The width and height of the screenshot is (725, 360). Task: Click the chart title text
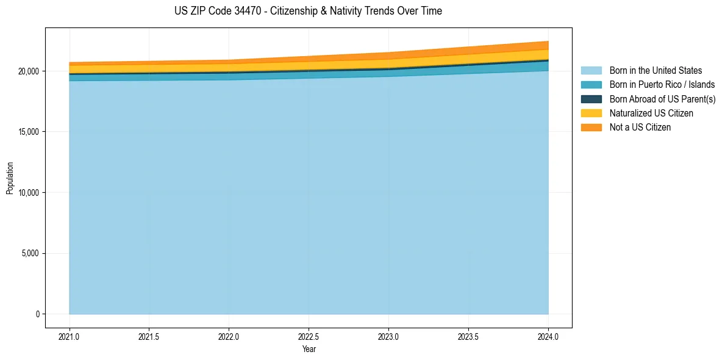pos(308,11)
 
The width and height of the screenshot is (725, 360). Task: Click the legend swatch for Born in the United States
pos(591,71)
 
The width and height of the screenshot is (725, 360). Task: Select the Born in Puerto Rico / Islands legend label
pos(662,85)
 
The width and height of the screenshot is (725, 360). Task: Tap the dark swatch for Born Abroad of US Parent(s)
pos(591,99)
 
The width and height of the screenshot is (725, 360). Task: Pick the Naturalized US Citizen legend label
pos(651,113)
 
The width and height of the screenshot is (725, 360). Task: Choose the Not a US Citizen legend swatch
pos(591,127)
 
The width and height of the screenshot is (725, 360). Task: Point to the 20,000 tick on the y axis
pos(28,71)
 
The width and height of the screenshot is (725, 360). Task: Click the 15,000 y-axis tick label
pos(28,132)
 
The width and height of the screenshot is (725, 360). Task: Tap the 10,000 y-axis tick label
pos(28,193)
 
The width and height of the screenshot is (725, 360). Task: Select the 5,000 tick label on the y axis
pos(30,253)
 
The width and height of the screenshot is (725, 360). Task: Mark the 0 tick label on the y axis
pos(37,314)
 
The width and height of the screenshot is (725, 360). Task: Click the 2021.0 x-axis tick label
pos(70,336)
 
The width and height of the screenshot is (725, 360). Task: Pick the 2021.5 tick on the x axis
pos(149,336)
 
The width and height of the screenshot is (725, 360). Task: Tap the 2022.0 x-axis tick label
pos(229,336)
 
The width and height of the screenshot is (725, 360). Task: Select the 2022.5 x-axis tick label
pos(309,336)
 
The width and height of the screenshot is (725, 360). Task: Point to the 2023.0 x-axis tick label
pos(388,336)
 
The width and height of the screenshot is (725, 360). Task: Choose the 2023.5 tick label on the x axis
pos(468,336)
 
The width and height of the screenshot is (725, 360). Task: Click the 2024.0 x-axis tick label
pos(548,336)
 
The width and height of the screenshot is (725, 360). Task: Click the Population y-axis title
pos(10,178)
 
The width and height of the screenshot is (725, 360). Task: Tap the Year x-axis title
pos(309,349)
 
